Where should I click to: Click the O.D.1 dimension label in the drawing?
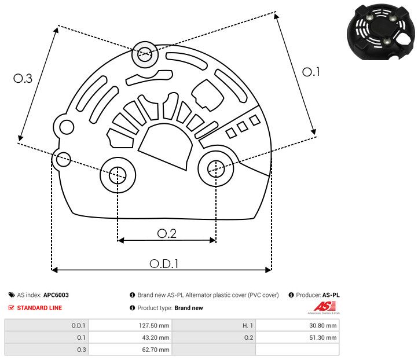pyautogui.click(x=164, y=263)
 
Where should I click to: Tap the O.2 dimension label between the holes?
pyautogui.click(x=167, y=233)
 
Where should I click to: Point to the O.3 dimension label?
pyautogui.click(x=23, y=79)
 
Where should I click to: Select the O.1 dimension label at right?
pyautogui.click(x=311, y=72)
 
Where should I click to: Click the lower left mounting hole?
pyautogui.click(x=118, y=173)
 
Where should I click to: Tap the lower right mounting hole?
pyautogui.click(x=215, y=168)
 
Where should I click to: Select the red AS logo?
pyautogui.click(x=321, y=307)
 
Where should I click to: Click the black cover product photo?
pyautogui.click(x=379, y=33)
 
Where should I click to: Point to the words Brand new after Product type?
pyautogui.click(x=189, y=308)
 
